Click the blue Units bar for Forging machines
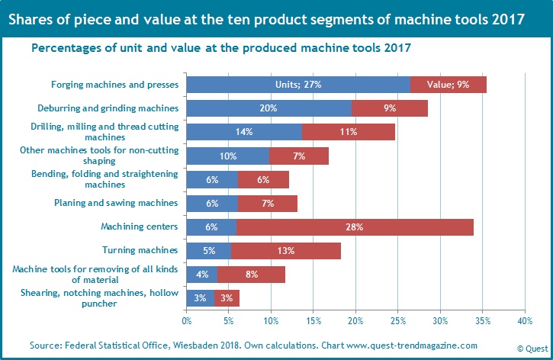[x=297, y=85]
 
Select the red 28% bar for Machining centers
[x=355, y=227]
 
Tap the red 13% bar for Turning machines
[x=285, y=250]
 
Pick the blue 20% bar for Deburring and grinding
[x=268, y=108]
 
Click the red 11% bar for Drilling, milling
[x=348, y=132]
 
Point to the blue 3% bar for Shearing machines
[x=200, y=297]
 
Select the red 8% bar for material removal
[x=251, y=274]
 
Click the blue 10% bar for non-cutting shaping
[x=227, y=156]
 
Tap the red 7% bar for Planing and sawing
[x=267, y=203]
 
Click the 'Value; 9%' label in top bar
[x=448, y=85]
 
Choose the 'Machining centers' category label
[x=140, y=227]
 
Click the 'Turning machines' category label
[x=140, y=250]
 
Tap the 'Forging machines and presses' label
[x=114, y=85]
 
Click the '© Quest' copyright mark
[x=532, y=348]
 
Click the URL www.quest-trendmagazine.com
[x=412, y=346]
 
